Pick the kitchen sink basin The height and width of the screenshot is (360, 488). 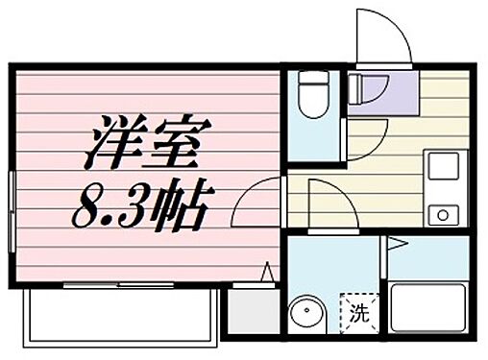click(x=445, y=169)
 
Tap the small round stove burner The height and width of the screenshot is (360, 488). click(x=444, y=213)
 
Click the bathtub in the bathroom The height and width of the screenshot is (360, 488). click(x=427, y=308)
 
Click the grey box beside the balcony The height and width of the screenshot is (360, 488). click(x=250, y=315)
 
